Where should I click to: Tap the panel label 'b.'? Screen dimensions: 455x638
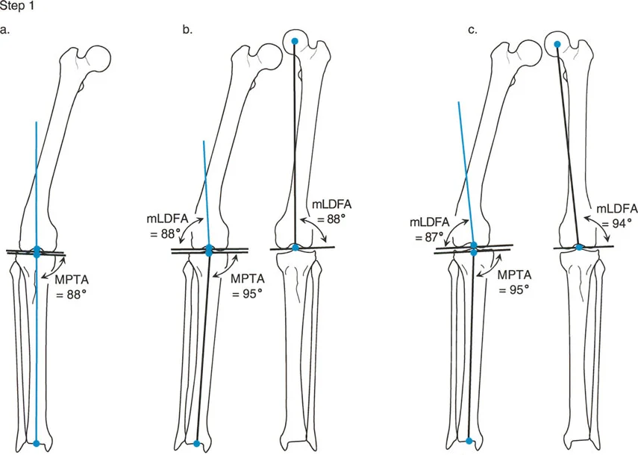click(x=187, y=31)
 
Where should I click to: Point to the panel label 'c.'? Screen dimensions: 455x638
click(x=472, y=31)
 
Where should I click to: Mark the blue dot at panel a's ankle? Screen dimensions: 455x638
click(x=37, y=444)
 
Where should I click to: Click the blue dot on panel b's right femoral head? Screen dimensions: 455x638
click(x=295, y=41)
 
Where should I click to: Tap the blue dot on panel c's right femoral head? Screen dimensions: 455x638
click(x=557, y=44)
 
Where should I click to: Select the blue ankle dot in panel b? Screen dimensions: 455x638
click(x=196, y=444)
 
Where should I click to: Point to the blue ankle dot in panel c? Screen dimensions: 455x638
click(x=469, y=444)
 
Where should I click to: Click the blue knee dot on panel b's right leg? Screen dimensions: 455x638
click(x=295, y=247)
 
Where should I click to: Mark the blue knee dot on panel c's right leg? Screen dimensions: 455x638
click(x=580, y=247)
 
